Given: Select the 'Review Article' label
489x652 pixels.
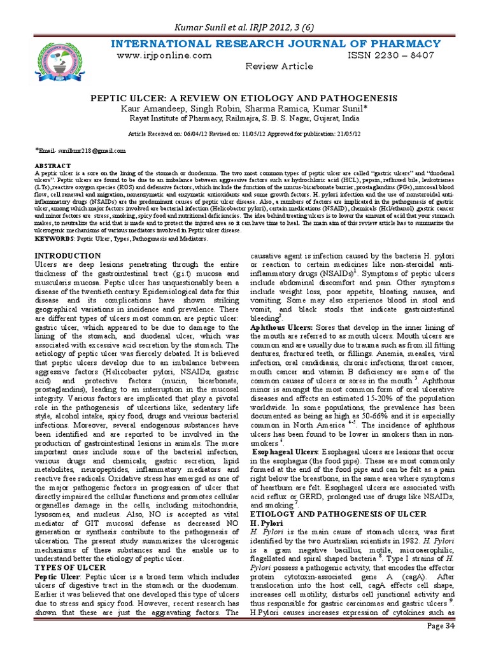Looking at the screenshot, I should click(279, 66).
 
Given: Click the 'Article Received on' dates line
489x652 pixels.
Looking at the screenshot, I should click(244, 135).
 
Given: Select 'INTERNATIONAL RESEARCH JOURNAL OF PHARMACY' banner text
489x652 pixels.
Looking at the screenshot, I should click(276, 43).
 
